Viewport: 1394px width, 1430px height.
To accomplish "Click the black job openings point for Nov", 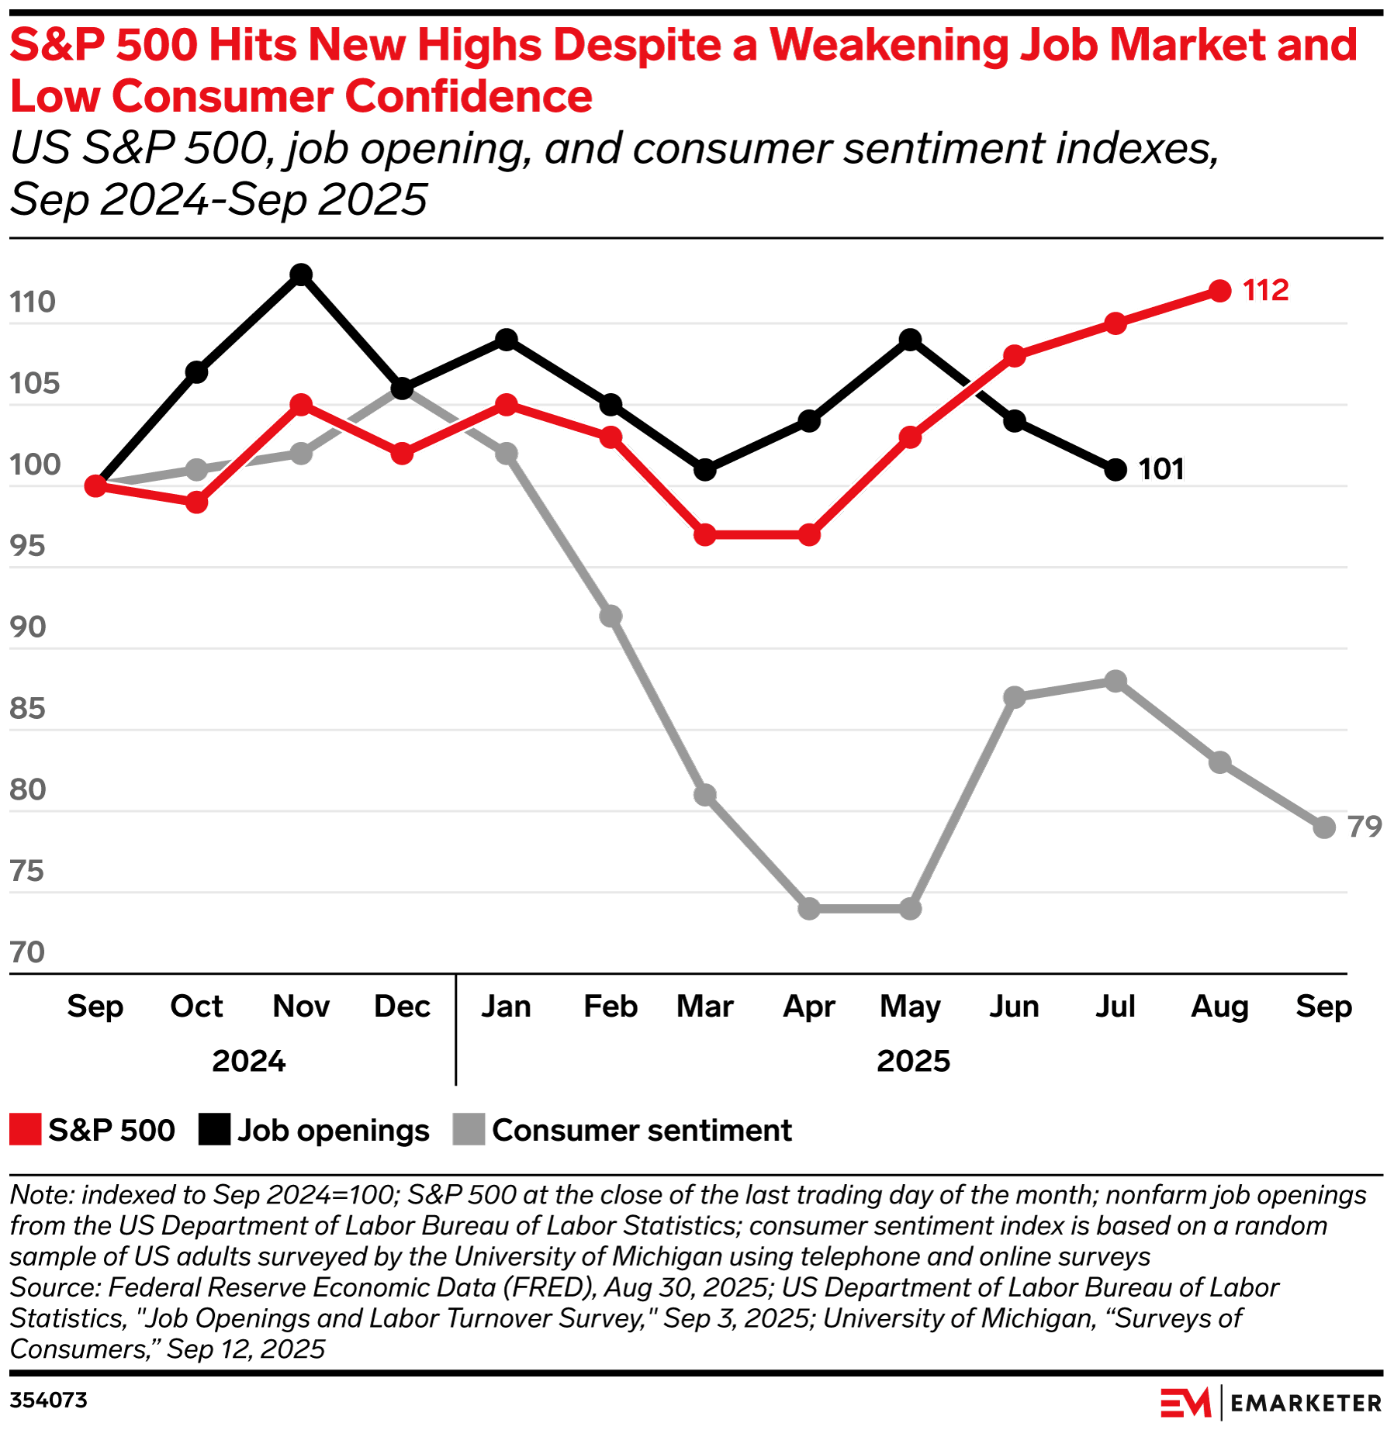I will pyautogui.click(x=301, y=275).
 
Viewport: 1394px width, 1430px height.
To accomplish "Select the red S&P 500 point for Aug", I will pyautogui.click(x=1219, y=291).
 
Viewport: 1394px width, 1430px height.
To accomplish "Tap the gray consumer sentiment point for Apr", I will pyautogui.click(x=809, y=908).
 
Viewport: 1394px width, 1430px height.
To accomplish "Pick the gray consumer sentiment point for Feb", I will pyautogui.click(x=611, y=616).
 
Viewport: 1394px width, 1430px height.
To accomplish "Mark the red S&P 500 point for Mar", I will pyautogui.click(x=704, y=534).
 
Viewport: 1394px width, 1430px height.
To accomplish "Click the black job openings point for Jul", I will pyautogui.click(x=1115, y=469).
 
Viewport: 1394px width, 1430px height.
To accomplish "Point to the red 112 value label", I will pyautogui.click(x=1265, y=290).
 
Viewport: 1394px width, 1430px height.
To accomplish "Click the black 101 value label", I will pyautogui.click(x=1161, y=469).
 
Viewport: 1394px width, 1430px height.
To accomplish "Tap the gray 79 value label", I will pyautogui.click(x=1365, y=827).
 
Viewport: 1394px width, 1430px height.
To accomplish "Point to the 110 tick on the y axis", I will pyautogui.click(x=33, y=302).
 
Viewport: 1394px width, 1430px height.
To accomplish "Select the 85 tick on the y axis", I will pyautogui.click(x=28, y=708).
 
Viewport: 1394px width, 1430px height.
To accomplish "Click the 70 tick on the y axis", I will pyautogui.click(x=28, y=952).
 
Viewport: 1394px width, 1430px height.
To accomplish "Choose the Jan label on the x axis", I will pyautogui.click(x=506, y=1006).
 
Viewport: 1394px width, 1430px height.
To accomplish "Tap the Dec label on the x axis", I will pyautogui.click(x=402, y=1006).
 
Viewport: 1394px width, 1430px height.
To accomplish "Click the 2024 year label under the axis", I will pyautogui.click(x=249, y=1060).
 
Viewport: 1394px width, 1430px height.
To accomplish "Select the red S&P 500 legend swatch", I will pyautogui.click(x=25, y=1129).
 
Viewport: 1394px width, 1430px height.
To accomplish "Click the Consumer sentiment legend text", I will pyautogui.click(x=642, y=1130).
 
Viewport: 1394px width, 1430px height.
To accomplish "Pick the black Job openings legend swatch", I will pyautogui.click(x=214, y=1129).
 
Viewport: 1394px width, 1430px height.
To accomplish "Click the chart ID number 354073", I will pyautogui.click(x=48, y=1400).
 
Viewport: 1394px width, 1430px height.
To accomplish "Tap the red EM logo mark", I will pyautogui.click(x=1185, y=1403).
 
